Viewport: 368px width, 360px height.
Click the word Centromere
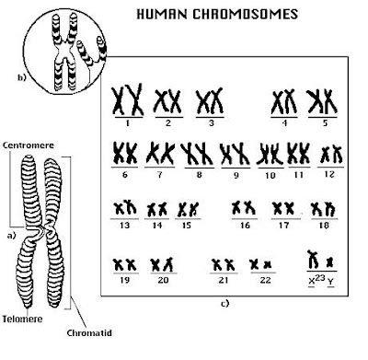point(29,145)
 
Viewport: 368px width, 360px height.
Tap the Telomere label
point(22,319)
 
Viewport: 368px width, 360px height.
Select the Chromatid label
point(89,332)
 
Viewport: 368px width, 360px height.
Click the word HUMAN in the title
point(162,15)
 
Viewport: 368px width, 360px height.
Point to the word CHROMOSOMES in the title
point(246,15)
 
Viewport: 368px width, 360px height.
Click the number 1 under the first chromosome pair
point(128,123)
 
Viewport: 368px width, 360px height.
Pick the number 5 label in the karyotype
point(325,123)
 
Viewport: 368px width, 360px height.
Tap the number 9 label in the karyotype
point(236,176)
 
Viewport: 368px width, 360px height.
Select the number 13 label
point(124,226)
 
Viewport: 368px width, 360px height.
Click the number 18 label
point(324,226)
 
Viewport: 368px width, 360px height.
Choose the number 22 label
point(265,280)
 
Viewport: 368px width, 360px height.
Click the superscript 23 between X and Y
point(319,278)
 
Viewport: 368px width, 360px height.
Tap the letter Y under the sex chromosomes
point(330,282)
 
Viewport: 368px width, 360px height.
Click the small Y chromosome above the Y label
point(329,262)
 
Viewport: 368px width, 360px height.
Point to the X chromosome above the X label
point(313,260)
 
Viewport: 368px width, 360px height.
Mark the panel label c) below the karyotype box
point(224,304)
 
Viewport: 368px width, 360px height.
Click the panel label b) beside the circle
point(22,77)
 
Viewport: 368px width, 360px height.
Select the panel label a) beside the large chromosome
point(11,236)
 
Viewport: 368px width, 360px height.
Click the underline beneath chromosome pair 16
point(245,219)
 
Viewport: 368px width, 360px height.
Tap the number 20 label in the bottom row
point(163,280)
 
